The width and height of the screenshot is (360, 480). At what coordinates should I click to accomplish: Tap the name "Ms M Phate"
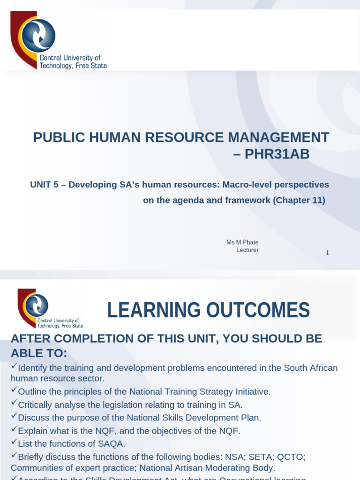pos(242,242)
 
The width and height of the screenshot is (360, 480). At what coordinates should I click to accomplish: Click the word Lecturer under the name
pos(247,250)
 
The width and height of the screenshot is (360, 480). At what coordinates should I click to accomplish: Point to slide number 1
pos(328,253)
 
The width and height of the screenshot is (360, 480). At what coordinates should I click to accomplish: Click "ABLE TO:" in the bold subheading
pos(39,352)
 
